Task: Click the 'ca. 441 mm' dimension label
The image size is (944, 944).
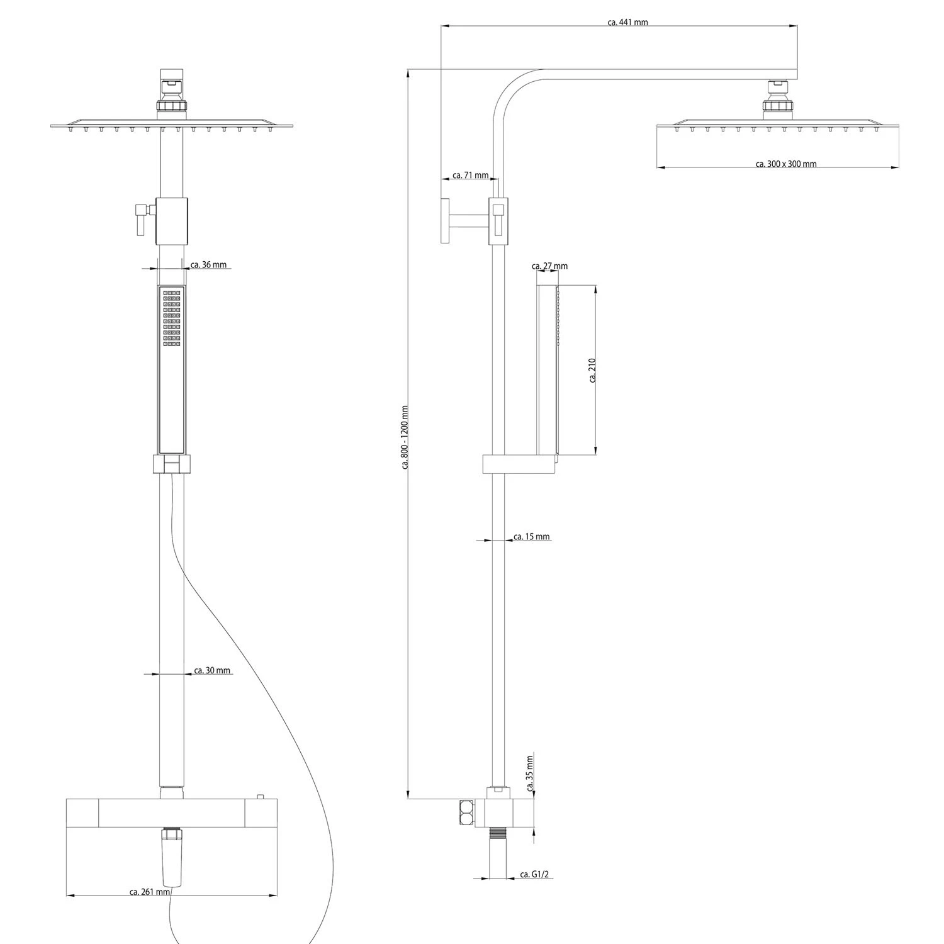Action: [627, 23]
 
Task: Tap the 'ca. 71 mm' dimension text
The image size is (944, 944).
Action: [470, 176]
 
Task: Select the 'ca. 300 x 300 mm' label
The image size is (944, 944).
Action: [786, 164]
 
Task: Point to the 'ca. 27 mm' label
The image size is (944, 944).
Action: [549, 266]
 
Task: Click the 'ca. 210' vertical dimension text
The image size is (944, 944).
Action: [592, 370]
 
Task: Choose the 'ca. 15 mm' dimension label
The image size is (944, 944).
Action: [531, 537]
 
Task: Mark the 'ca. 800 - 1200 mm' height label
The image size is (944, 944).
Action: [404, 437]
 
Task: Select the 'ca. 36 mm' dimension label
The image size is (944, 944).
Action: [208, 265]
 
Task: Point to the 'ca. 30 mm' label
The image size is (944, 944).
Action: [211, 671]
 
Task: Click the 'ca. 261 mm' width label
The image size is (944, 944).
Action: [149, 892]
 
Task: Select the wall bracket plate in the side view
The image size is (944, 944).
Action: [445, 220]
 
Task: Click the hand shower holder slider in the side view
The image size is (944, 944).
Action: [519, 464]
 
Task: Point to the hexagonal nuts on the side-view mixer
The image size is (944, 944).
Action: [467, 812]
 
